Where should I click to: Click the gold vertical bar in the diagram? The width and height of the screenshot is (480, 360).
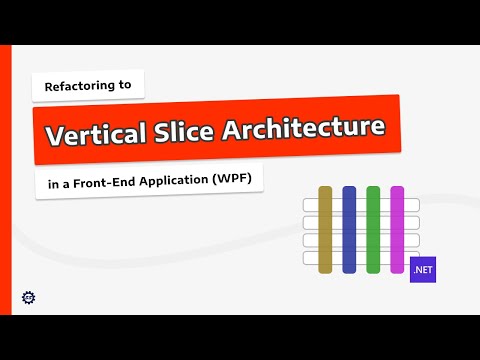point(325,229)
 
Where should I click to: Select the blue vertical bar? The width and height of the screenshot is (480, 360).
point(349,229)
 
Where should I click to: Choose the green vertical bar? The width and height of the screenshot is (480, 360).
point(373,229)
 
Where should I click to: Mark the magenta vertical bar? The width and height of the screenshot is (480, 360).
point(397,229)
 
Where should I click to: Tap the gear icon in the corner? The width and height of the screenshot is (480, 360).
point(28,297)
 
